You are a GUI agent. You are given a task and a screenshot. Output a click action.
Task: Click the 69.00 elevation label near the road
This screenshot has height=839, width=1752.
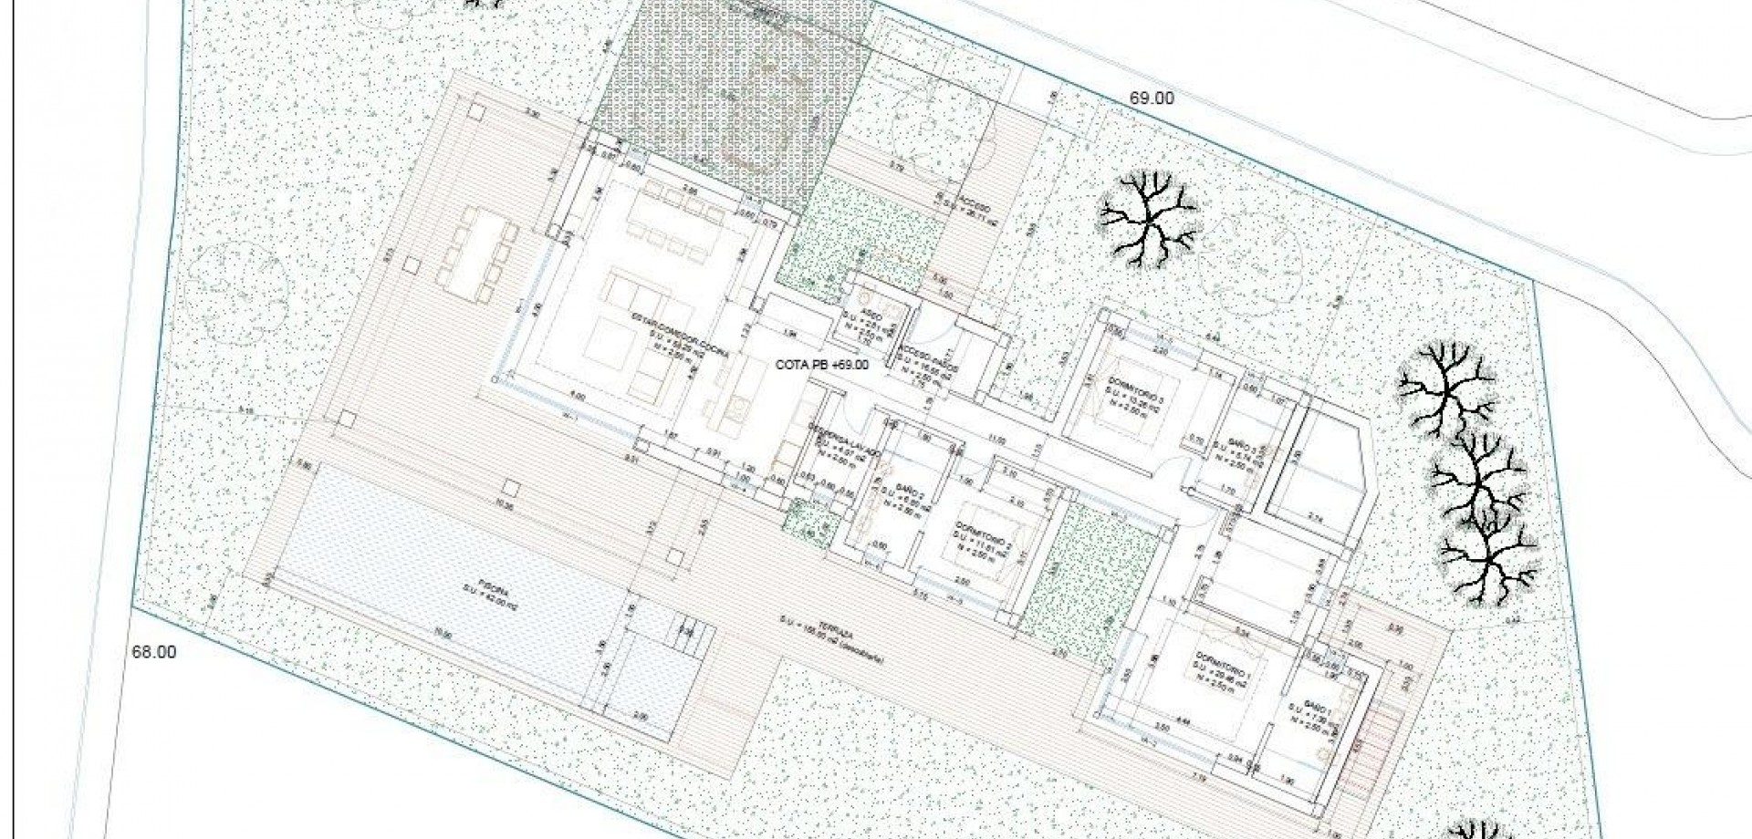click(1152, 98)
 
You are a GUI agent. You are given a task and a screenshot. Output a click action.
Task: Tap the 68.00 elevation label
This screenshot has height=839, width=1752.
click(153, 652)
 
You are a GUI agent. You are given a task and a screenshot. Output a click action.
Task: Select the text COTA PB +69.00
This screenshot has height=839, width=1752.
click(821, 365)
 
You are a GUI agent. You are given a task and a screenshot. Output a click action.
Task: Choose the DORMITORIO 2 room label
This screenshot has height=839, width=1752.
click(983, 528)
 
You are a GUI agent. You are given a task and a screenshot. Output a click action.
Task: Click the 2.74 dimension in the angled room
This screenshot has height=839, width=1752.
click(1315, 517)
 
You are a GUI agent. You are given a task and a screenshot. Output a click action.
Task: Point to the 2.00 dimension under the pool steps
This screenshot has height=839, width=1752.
click(640, 718)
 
